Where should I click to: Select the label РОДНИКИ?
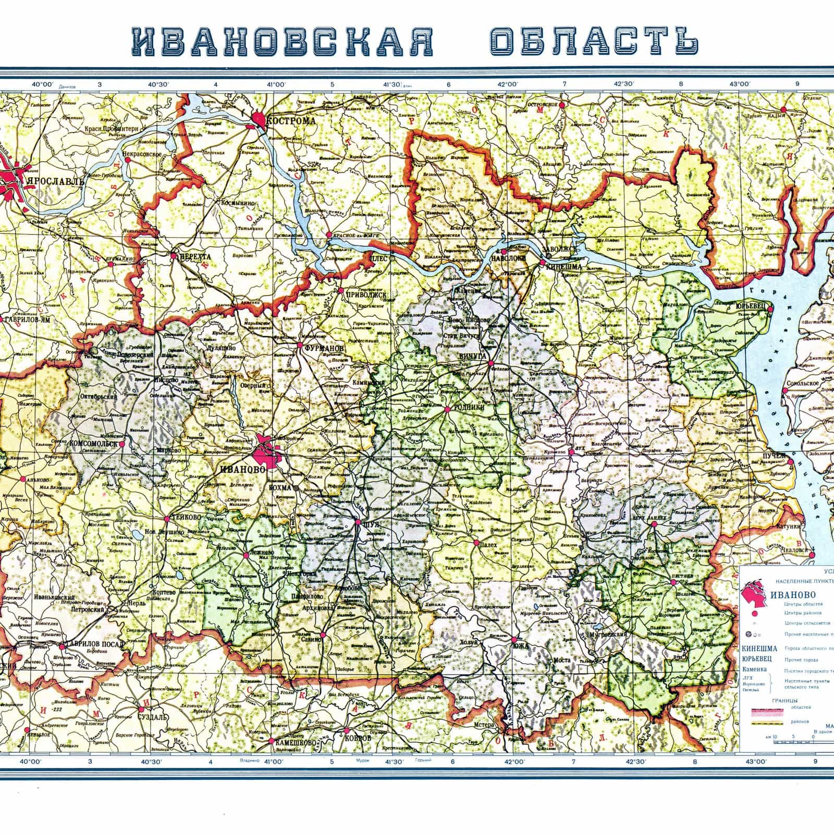point(469,409)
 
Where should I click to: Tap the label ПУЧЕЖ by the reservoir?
point(774,457)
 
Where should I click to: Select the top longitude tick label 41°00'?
point(276,85)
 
